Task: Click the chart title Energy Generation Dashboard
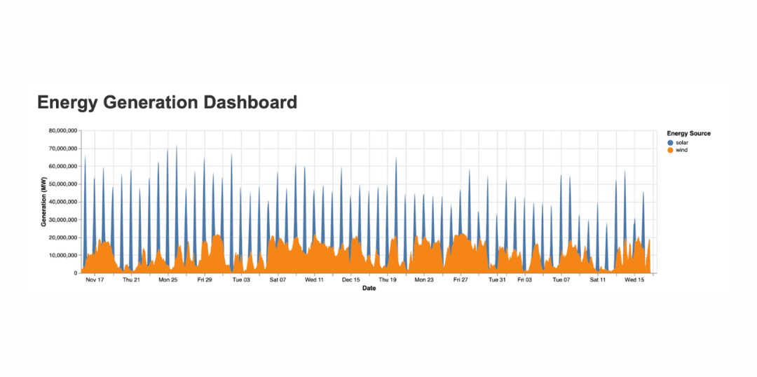[167, 102]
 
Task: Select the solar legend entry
[681, 142]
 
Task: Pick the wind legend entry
[681, 150]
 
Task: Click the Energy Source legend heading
[688, 133]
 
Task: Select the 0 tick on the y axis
[75, 273]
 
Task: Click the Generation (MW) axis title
[43, 202]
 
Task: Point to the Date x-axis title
[369, 288]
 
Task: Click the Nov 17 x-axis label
[95, 280]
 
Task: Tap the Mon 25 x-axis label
[168, 280]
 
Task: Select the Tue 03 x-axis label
[241, 280]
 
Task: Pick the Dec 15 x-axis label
[350, 280]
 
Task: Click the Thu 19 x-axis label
[388, 280]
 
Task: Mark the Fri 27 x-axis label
[461, 280]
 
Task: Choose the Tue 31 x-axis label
[497, 280]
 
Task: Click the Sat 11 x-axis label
[597, 280]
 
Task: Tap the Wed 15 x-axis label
[634, 280]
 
